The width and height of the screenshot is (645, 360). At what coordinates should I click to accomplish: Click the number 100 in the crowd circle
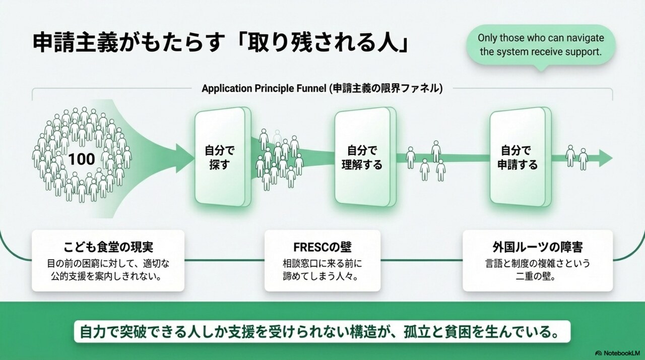click(82, 159)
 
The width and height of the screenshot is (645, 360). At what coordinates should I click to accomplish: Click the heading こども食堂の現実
click(108, 248)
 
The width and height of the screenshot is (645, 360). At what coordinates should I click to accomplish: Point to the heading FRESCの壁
click(322, 248)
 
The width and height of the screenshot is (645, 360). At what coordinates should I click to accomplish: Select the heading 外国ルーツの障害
click(538, 248)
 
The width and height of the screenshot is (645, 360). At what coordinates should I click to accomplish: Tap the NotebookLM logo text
click(619, 352)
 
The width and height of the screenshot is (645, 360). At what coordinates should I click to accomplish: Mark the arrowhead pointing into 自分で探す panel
click(184, 158)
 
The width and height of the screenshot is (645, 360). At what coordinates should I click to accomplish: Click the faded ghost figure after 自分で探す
click(277, 137)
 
